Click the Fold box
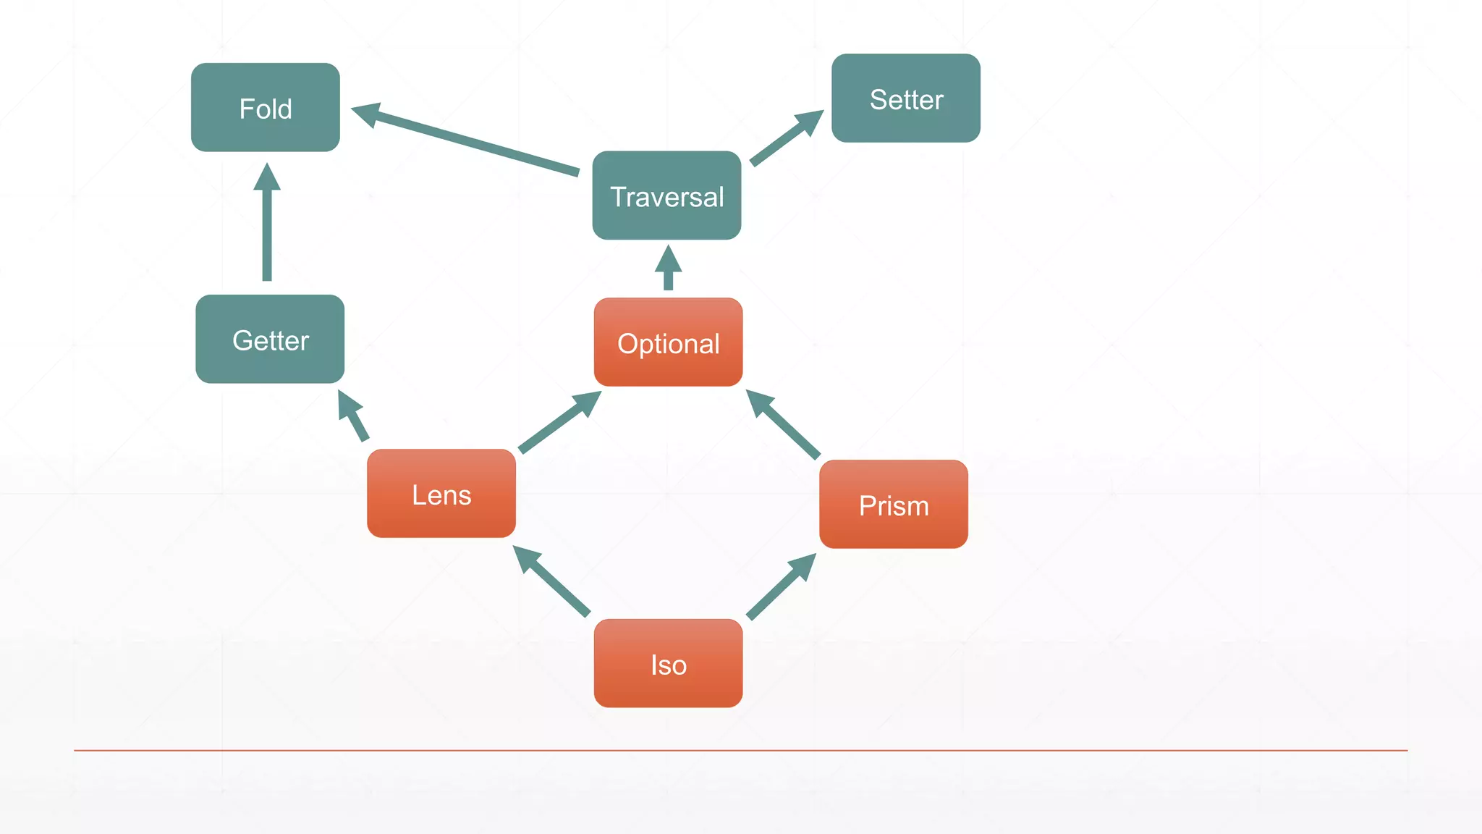coord(266,108)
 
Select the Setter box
coord(906,98)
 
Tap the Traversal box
coord(666,195)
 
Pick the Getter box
coord(270,340)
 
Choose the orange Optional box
coord(668,342)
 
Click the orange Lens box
coord(441,494)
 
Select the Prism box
coord(894,505)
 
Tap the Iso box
coord(668,663)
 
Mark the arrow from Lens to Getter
coord(355,417)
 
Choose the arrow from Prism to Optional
coord(784,425)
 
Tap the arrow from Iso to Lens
coord(553,581)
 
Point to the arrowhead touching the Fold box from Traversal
coord(367,114)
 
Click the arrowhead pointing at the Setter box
coord(810,121)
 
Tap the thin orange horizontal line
coord(741,750)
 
